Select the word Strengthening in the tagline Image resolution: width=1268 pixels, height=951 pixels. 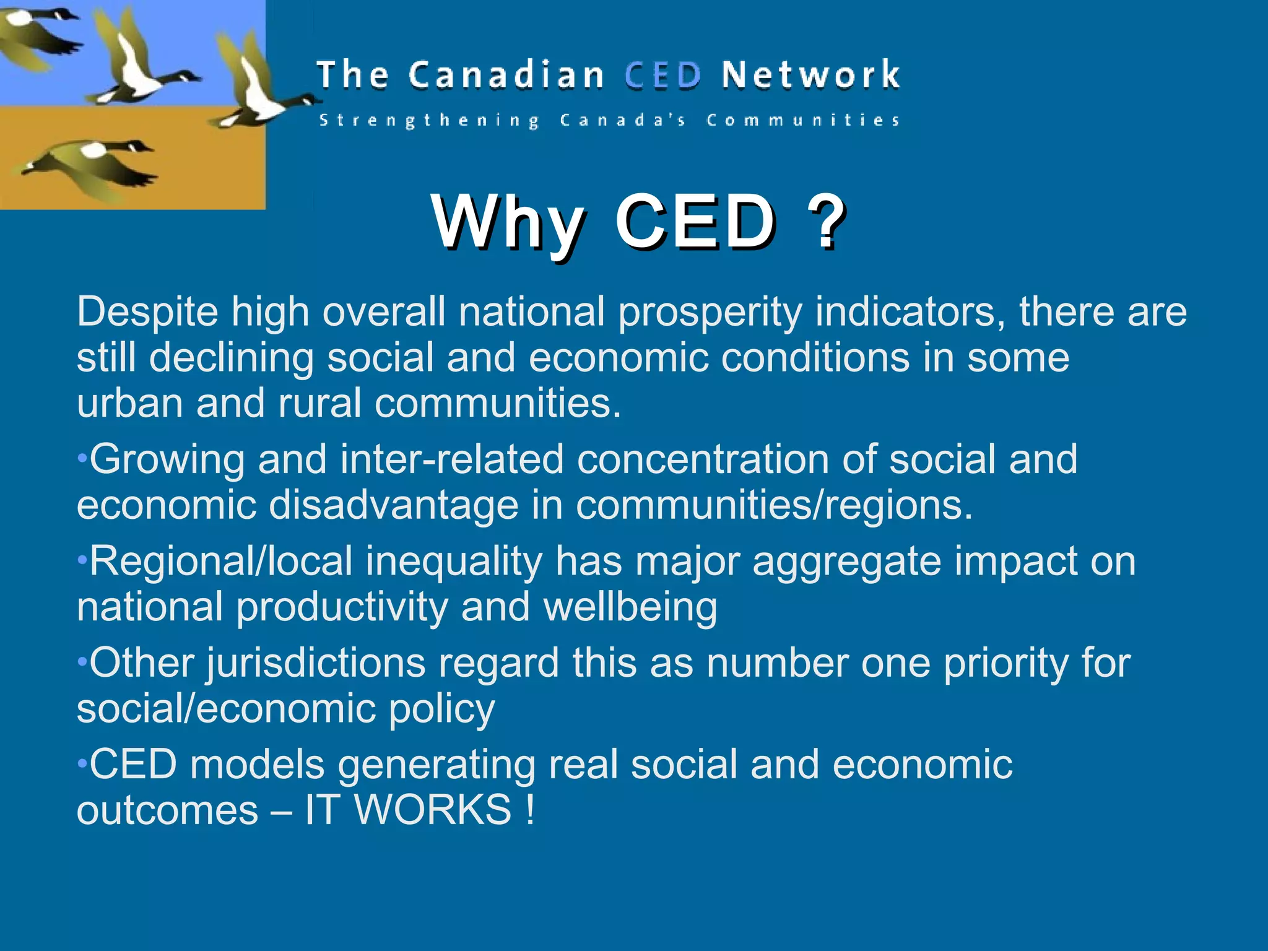click(x=429, y=120)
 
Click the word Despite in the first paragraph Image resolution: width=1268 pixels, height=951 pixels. click(x=147, y=313)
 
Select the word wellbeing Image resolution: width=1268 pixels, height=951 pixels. click(x=630, y=607)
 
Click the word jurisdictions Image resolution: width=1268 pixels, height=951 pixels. click(x=316, y=663)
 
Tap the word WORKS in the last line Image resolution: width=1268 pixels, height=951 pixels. click(x=433, y=810)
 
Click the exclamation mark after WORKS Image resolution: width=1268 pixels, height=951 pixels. click(x=530, y=810)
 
